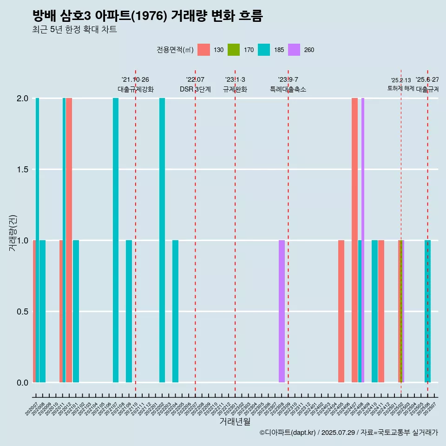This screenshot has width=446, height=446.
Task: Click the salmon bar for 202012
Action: (x=69, y=240)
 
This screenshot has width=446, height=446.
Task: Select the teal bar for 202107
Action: (x=116, y=240)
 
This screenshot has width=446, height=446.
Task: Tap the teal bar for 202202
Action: (x=162, y=240)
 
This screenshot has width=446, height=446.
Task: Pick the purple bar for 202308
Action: (x=282, y=311)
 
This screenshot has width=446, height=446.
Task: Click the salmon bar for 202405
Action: (x=341, y=311)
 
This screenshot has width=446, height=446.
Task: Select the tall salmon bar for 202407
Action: (x=354, y=240)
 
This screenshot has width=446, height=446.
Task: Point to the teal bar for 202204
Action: (x=175, y=311)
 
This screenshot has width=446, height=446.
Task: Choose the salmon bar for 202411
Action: (x=381, y=311)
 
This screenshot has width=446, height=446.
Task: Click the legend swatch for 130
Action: (x=203, y=50)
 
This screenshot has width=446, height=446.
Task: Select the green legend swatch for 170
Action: (x=234, y=50)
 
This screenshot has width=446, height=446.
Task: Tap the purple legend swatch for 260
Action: (x=294, y=50)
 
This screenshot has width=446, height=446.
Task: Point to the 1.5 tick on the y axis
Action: (x=22, y=170)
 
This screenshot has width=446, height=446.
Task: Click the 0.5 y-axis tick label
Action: (x=22, y=312)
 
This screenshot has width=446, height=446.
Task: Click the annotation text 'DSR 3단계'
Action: (x=195, y=89)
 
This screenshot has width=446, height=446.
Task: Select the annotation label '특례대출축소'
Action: (x=288, y=89)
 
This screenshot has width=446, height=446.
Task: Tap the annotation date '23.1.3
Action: (x=235, y=80)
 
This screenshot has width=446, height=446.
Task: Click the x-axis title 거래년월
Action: (x=235, y=422)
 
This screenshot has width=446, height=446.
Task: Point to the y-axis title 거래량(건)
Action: (x=13, y=232)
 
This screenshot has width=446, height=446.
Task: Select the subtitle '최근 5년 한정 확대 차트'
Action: (x=74, y=30)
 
